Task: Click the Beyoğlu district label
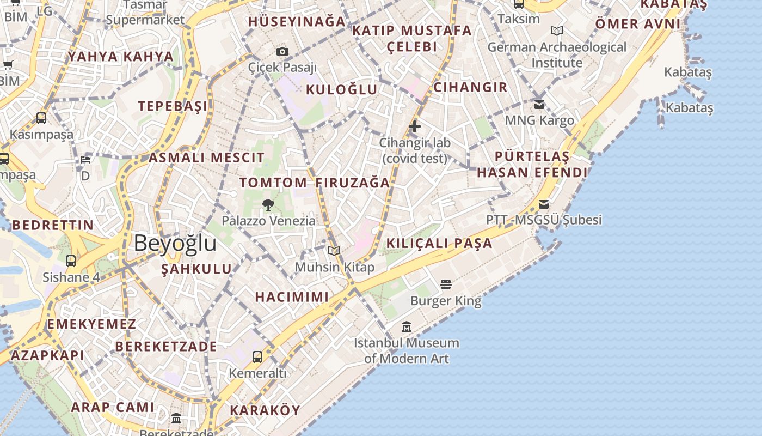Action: (175, 243)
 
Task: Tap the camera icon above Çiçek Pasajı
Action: (282, 52)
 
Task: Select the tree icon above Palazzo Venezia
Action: (268, 205)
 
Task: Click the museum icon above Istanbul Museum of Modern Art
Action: (407, 327)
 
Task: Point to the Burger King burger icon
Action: (446, 284)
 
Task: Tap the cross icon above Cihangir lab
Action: (415, 126)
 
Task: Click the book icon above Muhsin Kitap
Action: (334, 251)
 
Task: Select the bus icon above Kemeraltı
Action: (257, 357)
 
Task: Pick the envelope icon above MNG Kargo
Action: (539, 104)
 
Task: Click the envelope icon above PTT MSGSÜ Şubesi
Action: (544, 204)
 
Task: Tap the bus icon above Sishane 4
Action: (71, 261)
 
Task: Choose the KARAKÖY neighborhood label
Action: (265, 411)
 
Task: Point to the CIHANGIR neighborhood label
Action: (470, 87)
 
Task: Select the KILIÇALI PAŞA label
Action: (439, 243)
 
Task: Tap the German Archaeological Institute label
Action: (557, 55)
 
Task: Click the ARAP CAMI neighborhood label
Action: (113, 407)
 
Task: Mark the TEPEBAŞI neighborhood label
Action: (173, 106)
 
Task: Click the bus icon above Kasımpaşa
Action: (41, 118)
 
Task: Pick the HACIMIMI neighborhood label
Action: (292, 297)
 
